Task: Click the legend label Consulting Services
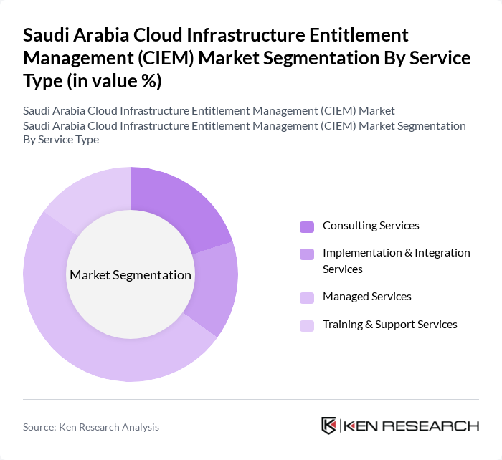[371, 226]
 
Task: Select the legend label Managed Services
[366, 297]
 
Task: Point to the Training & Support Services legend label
[389, 325]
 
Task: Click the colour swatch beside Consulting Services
[307, 227]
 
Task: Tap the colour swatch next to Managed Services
[307, 297]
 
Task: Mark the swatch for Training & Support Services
[307, 325]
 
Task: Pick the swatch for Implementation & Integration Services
[307, 254]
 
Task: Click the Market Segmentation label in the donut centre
[131, 275]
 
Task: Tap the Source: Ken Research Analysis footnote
[91, 427]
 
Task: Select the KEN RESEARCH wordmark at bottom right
[412, 426]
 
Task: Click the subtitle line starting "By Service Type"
[61, 140]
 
